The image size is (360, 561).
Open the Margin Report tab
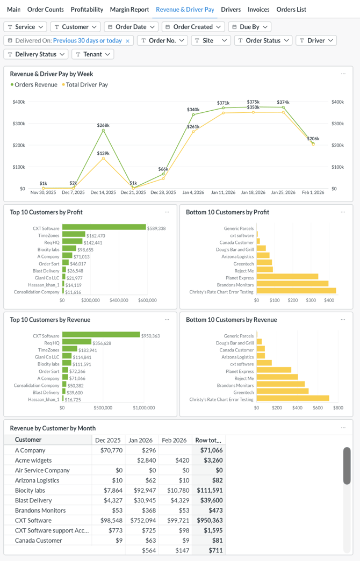pos(129,10)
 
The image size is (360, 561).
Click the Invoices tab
pos(258,10)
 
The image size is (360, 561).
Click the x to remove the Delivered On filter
pos(127,41)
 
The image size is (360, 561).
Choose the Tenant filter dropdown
pos(93,54)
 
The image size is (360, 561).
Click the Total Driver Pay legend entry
pos(87,85)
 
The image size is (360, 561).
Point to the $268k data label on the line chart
pos(103,125)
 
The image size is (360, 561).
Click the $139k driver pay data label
pos(103,153)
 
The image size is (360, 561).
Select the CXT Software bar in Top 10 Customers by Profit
pos(104,228)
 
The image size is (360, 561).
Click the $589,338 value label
pos(156,228)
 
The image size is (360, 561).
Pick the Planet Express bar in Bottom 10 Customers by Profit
pos(287,277)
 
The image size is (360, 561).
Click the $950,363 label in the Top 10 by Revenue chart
pos(151,336)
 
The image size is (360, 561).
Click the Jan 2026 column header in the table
pos(141,440)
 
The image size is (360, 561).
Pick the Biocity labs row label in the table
pos(30,490)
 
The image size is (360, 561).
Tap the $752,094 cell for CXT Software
pos(143,520)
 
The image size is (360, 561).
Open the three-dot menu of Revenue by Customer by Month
pos(343,428)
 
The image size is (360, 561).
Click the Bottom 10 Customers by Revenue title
pos(231,320)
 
